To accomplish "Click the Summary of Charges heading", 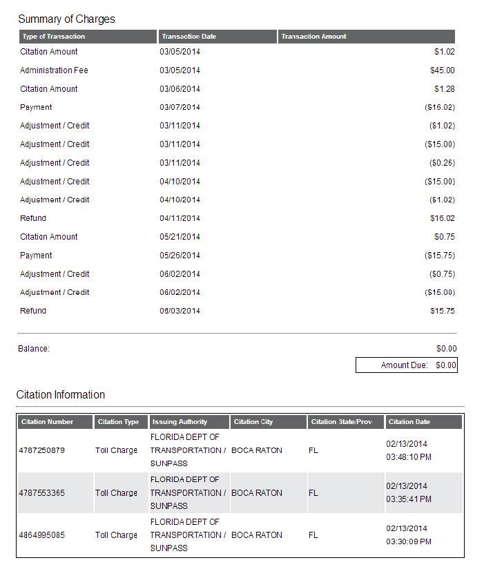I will click(x=66, y=19).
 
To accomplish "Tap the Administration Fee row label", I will click(x=54, y=70).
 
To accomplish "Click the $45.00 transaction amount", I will click(x=442, y=70).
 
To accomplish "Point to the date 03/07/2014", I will click(x=180, y=108).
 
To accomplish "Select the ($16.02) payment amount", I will click(x=439, y=108).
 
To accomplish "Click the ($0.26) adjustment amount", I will click(x=441, y=163).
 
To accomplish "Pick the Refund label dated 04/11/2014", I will click(x=33, y=218).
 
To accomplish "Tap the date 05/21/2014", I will click(x=180, y=237).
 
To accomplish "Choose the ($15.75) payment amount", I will click(x=439, y=256).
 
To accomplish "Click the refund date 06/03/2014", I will click(x=180, y=311).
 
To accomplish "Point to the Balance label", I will click(x=34, y=349).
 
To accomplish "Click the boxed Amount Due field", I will click(x=406, y=365).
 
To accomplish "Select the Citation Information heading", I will click(x=61, y=395).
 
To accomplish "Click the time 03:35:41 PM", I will click(x=409, y=499).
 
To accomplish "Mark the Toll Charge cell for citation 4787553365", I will click(x=116, y=493).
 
